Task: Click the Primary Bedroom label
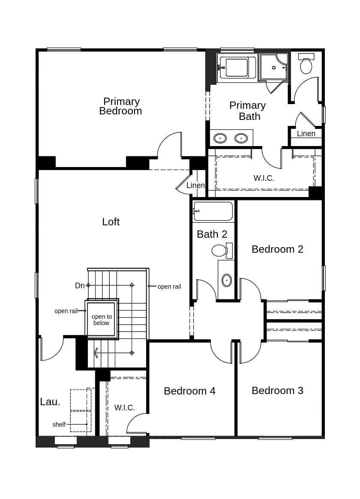tap(121, 106)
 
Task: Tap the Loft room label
tap(111, 222)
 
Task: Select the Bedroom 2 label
tap(277, 249)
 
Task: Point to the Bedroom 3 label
tap(277, 391)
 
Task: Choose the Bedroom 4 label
tap(189, 391)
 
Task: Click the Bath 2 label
tap(212, 234)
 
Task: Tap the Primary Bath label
tap(248, 111)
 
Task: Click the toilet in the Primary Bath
tap(306, 65)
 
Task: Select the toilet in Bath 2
tap(220, 251)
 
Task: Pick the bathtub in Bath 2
tap(213, 211)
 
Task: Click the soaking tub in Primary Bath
tap(237, 68)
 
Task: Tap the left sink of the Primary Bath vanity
tap(220, 138)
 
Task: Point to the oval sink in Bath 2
tap(227, 280)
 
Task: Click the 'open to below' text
tap(102, 320)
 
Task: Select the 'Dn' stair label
tap(80, 286)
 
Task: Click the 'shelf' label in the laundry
tap(59, 424)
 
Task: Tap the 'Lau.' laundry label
tap(50, 402)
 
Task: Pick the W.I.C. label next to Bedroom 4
tap(125, 408)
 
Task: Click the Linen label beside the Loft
tap(195, 185)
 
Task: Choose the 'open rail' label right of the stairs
tap(169, 287)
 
